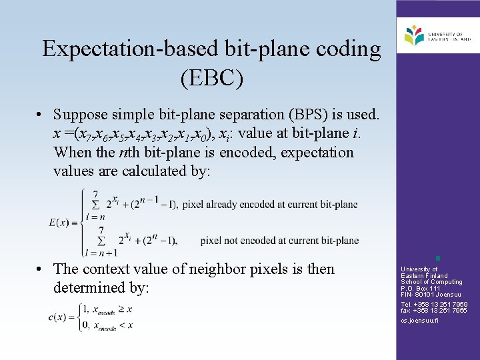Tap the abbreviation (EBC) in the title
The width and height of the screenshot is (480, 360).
[211, 78]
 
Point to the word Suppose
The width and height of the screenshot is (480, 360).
[81, 115]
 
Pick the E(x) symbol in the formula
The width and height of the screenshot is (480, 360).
[63, 222]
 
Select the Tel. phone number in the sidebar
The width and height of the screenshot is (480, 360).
[434, 304]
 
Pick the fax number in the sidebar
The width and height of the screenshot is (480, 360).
[434, 310]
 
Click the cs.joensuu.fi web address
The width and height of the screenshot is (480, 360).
[419, 321]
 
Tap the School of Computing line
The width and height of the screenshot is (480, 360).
[431, 282]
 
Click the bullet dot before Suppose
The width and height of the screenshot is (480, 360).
[41, 115]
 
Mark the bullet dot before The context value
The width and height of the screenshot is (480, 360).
[41, 269]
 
